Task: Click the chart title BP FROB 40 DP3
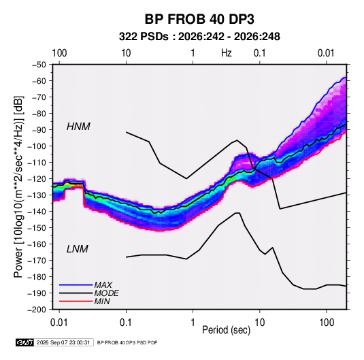coord(199,19)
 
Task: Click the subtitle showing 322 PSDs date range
coord(199,37)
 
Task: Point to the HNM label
coord(78,127)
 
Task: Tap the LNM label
coord(78,249)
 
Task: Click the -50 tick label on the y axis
coord(39,65)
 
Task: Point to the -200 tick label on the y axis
coord(37,310)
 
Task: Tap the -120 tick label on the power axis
coord(37,179)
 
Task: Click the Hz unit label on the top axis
coord(227,53)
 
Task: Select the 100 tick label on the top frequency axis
coord(59,53)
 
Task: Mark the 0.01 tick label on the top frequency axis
coord(326,53)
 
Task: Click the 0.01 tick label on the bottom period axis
coord(59,323)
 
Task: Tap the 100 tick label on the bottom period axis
coord(327,323)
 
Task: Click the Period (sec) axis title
coord(227,330)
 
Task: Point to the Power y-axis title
coord(18,187)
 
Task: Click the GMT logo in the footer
coord(24,342)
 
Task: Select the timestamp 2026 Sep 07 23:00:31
coord(63,342)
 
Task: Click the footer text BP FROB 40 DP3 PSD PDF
coord(127,342)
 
